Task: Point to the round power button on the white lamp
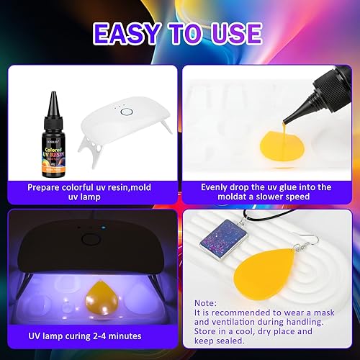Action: point(127,112)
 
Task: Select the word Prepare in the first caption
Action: point(46,186)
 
